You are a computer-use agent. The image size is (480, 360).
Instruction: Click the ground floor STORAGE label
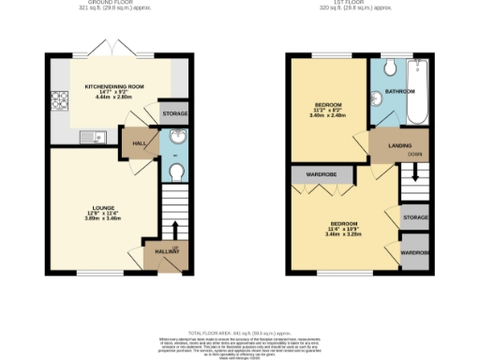click(x=174, y=113)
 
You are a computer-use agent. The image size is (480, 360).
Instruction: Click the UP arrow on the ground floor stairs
click(x=174, y=229)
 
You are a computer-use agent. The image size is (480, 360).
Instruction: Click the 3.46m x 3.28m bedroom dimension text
click(x=344, y=234)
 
